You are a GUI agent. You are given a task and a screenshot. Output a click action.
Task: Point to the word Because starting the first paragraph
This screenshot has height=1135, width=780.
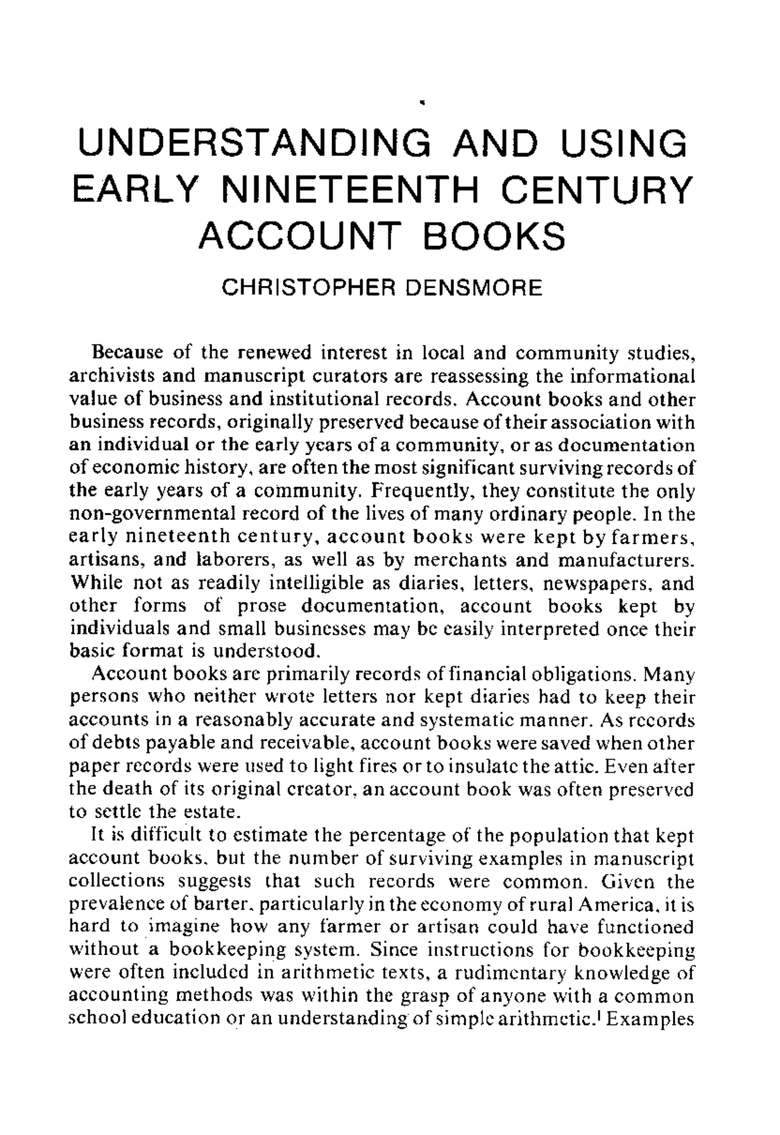(124, 353)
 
